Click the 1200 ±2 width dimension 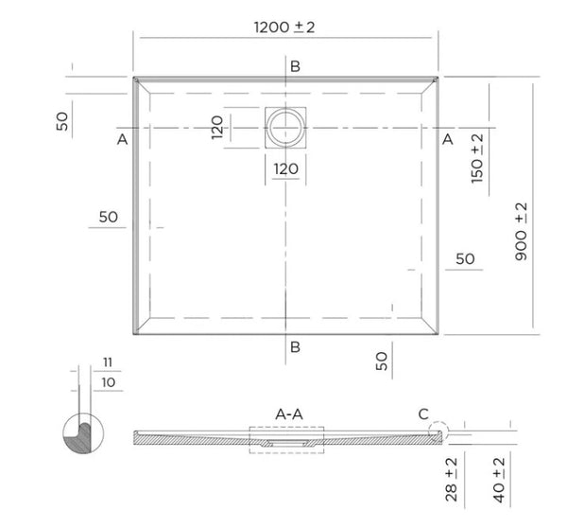coord(283,26)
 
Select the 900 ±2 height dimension coord(522,231)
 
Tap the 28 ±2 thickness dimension coord(452,479)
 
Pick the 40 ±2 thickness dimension coord(498,479)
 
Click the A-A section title coord(288,414)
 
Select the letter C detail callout coord(422,413)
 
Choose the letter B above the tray coord(295,65)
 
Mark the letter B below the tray coord(295,346)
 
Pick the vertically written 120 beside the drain coord(217,127)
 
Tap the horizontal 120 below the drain coord(285,169)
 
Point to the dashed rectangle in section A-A coord(286,439)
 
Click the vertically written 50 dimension coord(64,122)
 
